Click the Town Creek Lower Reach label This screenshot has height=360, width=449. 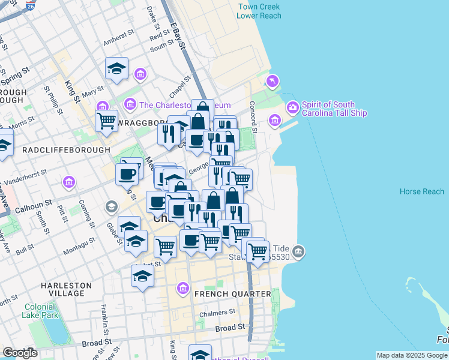[259, 11]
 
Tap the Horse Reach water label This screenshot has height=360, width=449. [422, 191]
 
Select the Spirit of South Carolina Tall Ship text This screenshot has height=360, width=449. [334, 109]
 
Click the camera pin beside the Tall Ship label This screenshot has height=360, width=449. [293, 108]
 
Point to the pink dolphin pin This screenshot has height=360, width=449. [273, 80]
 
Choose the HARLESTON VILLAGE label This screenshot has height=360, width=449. [66, 289]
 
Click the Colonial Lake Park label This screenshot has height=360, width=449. [40, 310]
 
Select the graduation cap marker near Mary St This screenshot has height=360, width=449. [117, 69]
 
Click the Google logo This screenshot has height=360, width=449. [20, 353]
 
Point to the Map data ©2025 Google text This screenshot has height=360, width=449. [411, 355]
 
